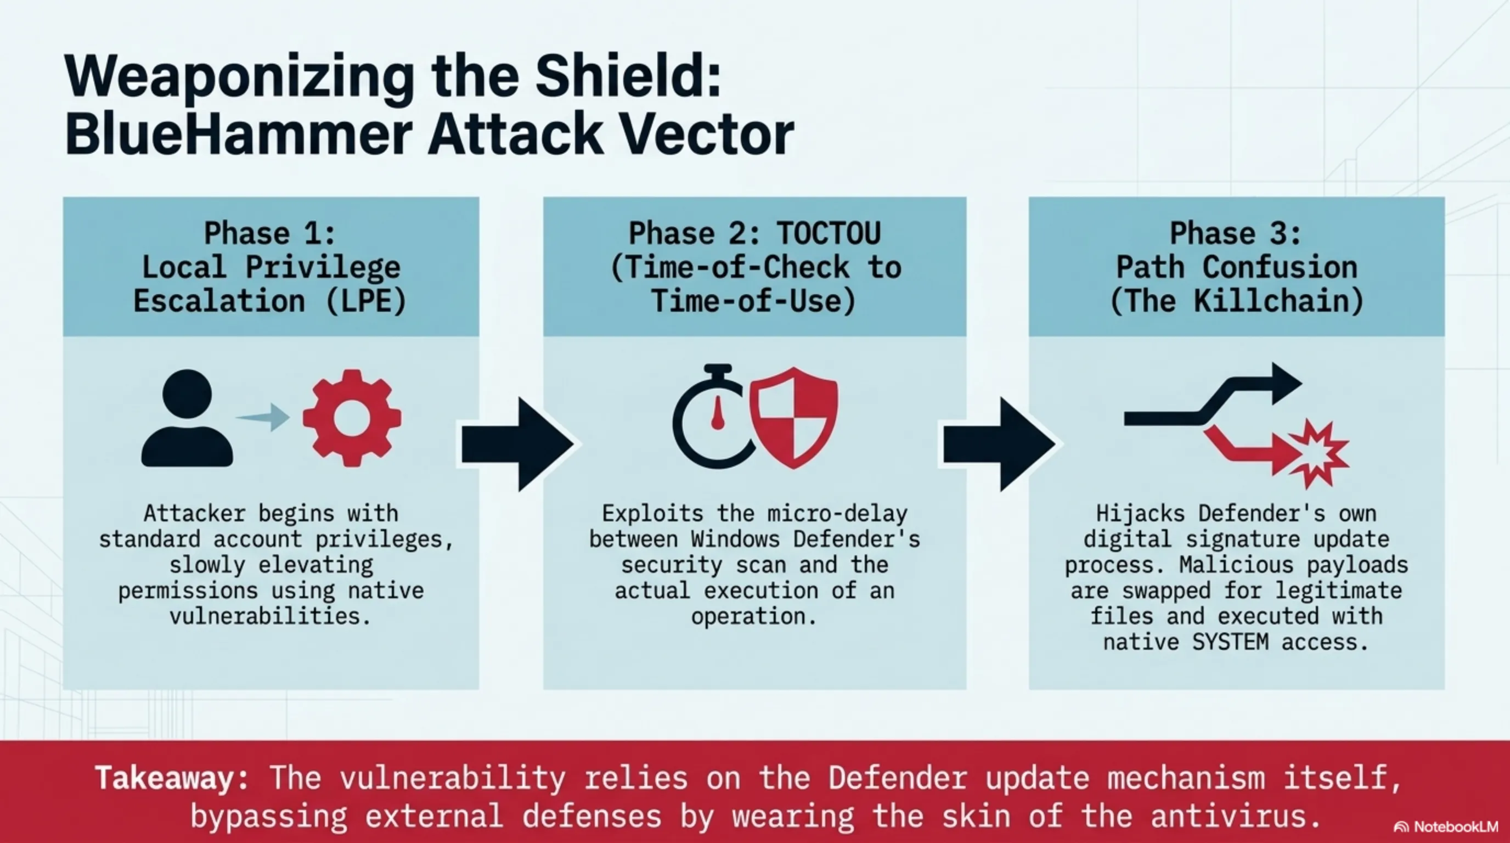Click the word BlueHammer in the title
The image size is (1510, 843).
(x=238, y=135)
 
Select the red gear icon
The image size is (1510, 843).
(x=352, y=418)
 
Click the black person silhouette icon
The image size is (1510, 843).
(x=187, y=418)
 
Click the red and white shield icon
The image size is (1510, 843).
(x=795, y=418)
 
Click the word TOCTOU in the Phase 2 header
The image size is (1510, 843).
(x=829, y=233)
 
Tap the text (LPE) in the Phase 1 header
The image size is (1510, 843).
(x=366, y=301)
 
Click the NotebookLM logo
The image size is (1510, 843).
(x=1445, y=827)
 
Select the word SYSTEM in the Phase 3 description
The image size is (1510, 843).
(x=1230, y=643)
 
